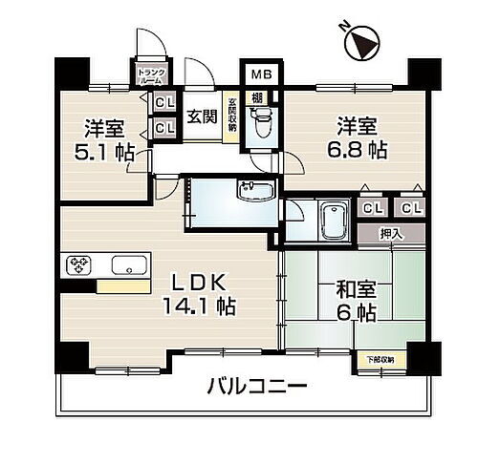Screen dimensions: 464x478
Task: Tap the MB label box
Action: pos(259,73)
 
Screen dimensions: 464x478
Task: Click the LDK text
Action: pos(199,284)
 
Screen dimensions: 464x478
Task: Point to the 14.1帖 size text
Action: pos(201,307)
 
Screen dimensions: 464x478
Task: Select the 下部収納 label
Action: pos(386,359)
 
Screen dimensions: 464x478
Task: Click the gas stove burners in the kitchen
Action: pos(77,264)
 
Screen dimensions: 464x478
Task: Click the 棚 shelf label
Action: pos(258,97)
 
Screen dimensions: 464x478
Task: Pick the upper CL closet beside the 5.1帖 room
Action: pos(163,103)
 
